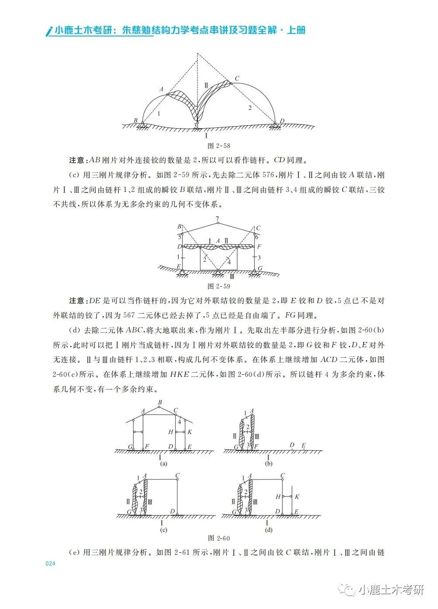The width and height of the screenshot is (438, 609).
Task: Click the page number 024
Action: click(x=51, y=564)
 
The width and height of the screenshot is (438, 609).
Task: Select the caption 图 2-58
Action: click(x=218, y=145)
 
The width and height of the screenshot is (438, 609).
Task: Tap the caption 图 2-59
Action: click(x=218, y=286)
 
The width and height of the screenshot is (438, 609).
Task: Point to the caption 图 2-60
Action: click(x=219, y=538)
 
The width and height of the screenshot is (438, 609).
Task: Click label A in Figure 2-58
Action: click(x=161, y=89)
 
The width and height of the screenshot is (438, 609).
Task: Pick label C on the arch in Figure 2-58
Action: click(x=237, y=79)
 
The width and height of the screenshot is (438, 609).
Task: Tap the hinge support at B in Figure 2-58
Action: click(x=143, y=126)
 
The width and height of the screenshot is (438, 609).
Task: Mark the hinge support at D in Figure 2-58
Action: click(x=275, y=126)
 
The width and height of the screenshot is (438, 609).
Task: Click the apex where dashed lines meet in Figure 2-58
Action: click(x=197, y=54)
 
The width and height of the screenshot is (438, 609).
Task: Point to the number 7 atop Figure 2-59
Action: click(x=217, y=219)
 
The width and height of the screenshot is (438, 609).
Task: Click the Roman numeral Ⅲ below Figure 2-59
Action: click(x=232, y=277)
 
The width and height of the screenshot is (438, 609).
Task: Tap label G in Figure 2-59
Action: click(x=260, y=268)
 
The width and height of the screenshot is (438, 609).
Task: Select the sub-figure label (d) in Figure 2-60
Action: click(x=268, y=530)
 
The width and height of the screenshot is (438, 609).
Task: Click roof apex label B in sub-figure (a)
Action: click(x=160, y=403)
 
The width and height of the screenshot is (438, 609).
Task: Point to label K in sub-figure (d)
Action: click(x=297, y=496)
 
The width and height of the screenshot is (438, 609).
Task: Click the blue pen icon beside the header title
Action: click(x=49, y=31)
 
